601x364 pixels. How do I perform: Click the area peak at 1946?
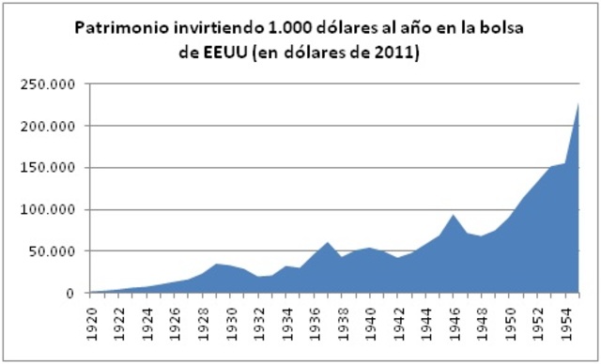pyautogui.click(x=455, y=215)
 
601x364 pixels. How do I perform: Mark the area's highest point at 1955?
pyautogui.click(x=578, y=103)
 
